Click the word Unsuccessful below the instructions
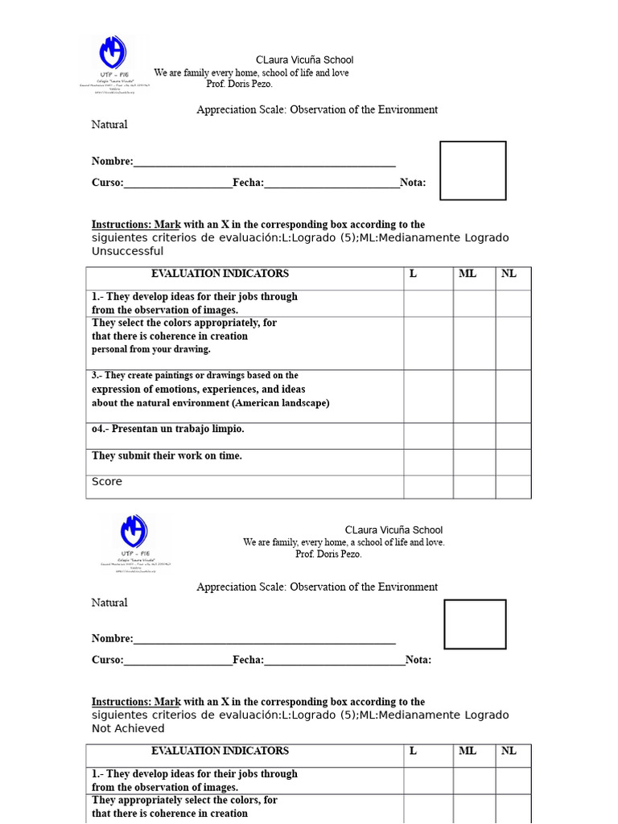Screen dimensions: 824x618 [127, 251]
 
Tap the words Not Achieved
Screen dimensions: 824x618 [128, 728]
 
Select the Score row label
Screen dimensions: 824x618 [107, 481]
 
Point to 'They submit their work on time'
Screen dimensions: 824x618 [167, 455]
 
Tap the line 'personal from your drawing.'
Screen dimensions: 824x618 [150, 349]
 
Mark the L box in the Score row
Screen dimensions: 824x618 [428, 487]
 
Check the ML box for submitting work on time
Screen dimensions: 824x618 [474, 462]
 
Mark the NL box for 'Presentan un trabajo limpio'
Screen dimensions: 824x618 [513, 435]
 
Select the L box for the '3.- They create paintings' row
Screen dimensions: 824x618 [428, 396]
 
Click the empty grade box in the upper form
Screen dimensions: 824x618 [472, 171]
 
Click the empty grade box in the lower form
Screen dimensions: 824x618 [475, 624]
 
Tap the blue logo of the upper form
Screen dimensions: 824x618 [113, 56]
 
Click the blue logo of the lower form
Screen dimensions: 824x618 [134, 532]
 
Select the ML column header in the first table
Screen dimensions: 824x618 [468, 274]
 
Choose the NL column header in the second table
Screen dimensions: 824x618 [509, 751]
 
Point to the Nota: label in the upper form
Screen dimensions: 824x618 [413, 183]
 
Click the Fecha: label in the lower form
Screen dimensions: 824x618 [249, 660]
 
